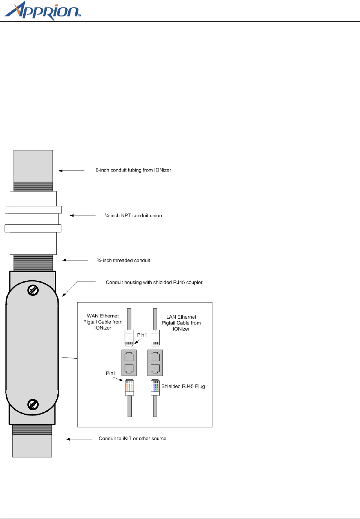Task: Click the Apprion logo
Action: tap(42, 11)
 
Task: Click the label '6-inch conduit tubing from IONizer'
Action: tap(133, 170)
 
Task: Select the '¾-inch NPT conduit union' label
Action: tap(133, 215)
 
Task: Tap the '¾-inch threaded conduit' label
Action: tap(124, 260)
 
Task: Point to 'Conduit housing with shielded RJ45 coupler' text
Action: tap(154, 282)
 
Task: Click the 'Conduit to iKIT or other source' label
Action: tap(133, 438)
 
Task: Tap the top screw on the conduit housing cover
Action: tap(33, 290)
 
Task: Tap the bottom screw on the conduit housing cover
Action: tap(33, 404)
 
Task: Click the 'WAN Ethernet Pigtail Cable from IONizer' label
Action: tap(103, 322)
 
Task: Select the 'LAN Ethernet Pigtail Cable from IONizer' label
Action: tap(181, 323)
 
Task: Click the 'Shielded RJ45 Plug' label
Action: tap(183, 386)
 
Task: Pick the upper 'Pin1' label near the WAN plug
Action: tap(142, 335)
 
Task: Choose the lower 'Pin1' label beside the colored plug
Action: tap(111, 373)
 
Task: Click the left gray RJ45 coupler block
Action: tap(129, 363)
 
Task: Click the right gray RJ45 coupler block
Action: tap(155, 363)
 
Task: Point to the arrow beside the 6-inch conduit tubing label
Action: tap(71, 170)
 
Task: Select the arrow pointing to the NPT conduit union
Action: tap(83, 215)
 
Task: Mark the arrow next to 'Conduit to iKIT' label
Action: tap(79, 439)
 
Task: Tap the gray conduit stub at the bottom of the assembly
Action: tap(32, 446)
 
